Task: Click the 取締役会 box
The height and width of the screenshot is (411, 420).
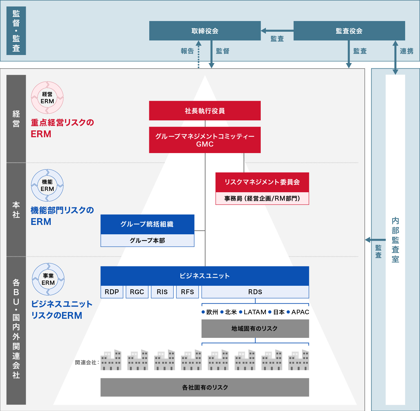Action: click(x=205, y=31)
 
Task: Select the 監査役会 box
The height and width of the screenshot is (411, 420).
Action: click(x=349, y=31)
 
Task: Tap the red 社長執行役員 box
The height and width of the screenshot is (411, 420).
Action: click(x=205, y=111)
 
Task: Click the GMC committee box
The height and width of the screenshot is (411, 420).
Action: click(x=205, y=140)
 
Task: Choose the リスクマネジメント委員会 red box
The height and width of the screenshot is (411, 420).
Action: click(x=262, y=182)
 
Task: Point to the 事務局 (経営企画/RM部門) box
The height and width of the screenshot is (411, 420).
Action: click(x=262, y=198)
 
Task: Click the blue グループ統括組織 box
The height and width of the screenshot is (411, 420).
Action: click(x=147, y=224)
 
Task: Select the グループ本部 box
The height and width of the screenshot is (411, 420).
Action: click(x=147, y=240)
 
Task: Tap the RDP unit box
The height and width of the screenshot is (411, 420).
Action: click(x=112, y=292)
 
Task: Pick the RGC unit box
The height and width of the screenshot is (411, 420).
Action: click(x=137, y=292)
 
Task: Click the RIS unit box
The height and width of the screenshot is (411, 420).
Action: click(x=162, y=292)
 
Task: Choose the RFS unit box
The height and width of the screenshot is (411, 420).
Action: click(x=187, y=292)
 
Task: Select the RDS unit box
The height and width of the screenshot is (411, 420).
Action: click(x=255, y=292)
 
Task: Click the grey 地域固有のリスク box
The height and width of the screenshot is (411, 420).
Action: click(x=255, y=328)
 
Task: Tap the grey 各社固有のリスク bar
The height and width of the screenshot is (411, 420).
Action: click(x=205, y=387)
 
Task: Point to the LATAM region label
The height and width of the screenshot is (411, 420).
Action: click(x=255, y=312)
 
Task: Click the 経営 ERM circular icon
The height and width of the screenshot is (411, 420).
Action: click(x=47, y=98)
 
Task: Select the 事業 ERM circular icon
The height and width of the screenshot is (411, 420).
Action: click(x=48, y=279)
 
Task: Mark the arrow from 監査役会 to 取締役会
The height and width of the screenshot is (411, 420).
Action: click(x=277, y=31)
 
